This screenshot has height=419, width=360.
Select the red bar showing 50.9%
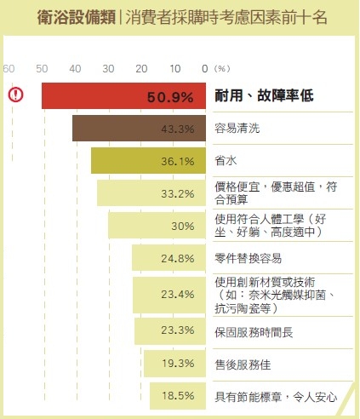point(123,95)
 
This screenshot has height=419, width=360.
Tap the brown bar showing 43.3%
point(140,129)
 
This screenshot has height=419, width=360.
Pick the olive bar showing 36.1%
point(149,161)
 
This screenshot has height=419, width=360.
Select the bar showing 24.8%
point(169,257)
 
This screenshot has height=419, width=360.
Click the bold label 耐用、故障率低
point(264,96)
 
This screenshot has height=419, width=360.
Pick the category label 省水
point(226,161)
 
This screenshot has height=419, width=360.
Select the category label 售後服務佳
point(242,364)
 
